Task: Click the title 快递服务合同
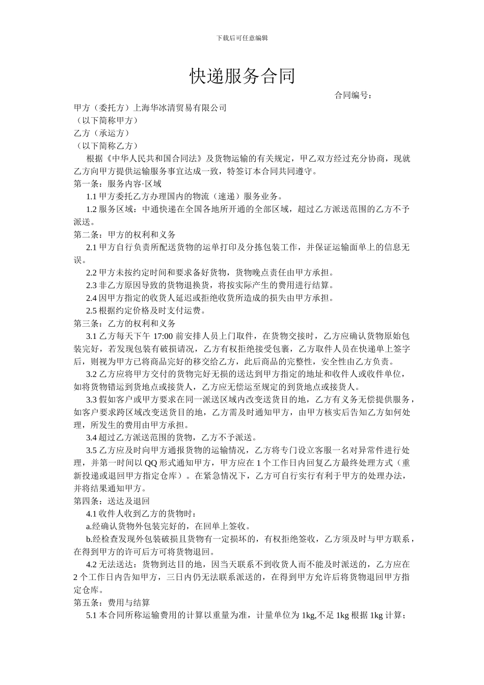pyautogui.click(x=242, y=76)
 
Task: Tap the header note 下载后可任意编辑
pyautogui.click(x=242, y=38)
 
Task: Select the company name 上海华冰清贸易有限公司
pyautogui.click(x=179, y=108)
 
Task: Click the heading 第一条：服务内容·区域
pyautogui.click(x=118, y=184)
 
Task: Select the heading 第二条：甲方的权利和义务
pyautogui.click(x=125, y=235)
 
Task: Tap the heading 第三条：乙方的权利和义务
pyautogui.click(x=125, y=324)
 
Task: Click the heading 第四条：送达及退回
pyautogui.click(x=112, y=501)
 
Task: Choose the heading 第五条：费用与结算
pyautogui.click(x=112, y=603)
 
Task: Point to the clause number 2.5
pyautogui.click(x=92, y=311)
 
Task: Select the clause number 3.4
pyautogui.click(x=92, y=438)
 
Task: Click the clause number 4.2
pyautogui.click(x=92, y=565)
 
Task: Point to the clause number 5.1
pyautogui.click(x=92, y=616)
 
